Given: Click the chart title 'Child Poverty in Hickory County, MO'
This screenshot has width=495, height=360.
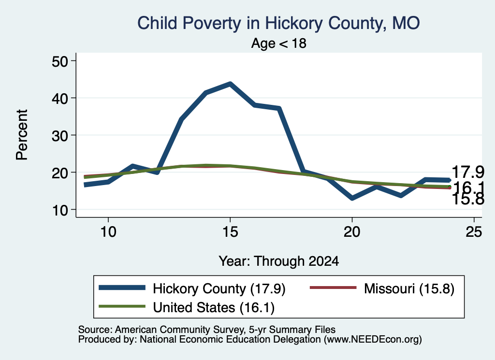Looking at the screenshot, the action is pyautogui.click(x=278, y=23).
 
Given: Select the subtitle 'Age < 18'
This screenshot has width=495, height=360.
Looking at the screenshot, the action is pyautogui.click(x=279, y=43).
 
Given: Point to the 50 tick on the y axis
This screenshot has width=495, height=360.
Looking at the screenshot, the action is pyautogui.click(x=60, y=61).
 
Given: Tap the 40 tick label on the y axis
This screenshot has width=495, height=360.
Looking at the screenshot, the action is pyautogui.click(x=60, y=98).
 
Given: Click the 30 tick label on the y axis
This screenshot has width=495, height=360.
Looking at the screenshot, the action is pyautogui.click(x=60, y=135).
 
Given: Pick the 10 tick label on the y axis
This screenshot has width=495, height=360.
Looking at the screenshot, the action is pyautogui.click(x=60, y=210).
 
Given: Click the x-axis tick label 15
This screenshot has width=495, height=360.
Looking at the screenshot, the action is pyautogui.click(x=230, y=232).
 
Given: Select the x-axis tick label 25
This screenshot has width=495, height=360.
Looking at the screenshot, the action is pyautogui.click(x=474, y=232).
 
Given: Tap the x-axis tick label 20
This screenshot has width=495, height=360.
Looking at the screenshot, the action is pyautogui.click(x=352, y=232).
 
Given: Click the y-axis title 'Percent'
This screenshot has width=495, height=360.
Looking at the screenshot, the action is pyautogui.click(x=22, y=135).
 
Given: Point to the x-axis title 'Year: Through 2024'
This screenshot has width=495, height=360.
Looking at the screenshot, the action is pyautogui.click(x=279, y=261).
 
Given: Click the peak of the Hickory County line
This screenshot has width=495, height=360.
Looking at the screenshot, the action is pyautogui.click(x=230, y=84).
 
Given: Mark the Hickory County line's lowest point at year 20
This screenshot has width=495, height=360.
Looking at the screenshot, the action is pyautogui.click(x=352, y=198).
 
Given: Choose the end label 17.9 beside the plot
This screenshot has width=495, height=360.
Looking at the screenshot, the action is pyautogui.click(x=468, y=173).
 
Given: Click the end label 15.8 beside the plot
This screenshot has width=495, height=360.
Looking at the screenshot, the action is pyautogui.click(x=468, y=200).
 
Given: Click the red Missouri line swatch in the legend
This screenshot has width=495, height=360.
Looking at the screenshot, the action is pyautogui.click(x=333, y=288).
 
